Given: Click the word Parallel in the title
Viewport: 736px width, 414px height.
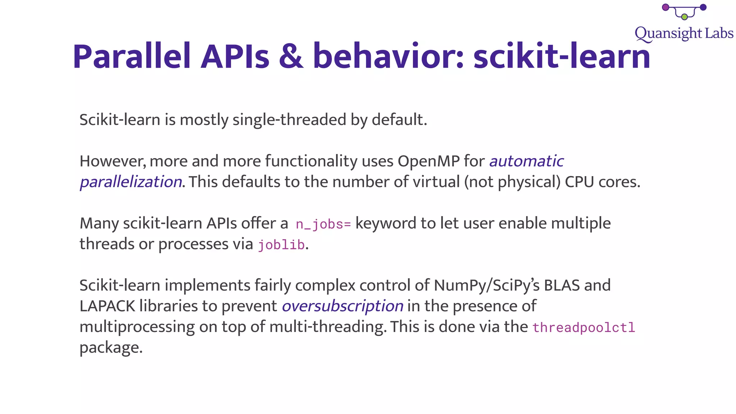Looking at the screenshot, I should coord(132,57).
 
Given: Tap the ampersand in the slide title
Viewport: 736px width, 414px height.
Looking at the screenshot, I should coord(291,57).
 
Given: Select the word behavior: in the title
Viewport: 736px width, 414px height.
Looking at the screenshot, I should coord(388,57).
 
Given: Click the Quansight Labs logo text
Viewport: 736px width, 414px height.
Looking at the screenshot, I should coord(684,33).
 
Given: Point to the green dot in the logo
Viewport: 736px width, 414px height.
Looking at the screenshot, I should coord(684,17).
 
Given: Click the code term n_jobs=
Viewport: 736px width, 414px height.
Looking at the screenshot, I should coord(323,224).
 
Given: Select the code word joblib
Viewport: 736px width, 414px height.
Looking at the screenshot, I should coord(281,245).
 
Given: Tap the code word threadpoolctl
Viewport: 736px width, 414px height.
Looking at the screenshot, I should coord(584,328).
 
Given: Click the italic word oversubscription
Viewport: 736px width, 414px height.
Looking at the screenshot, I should coord(342,306).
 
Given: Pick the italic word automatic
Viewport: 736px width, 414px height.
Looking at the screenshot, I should coord(526,161).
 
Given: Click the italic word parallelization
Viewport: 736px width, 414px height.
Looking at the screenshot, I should coord(131,182).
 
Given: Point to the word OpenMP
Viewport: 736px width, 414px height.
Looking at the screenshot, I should coord(428,161).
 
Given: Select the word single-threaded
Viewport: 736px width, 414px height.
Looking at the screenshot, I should coord(289,120).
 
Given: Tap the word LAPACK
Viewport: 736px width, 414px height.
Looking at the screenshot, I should coord(107,306).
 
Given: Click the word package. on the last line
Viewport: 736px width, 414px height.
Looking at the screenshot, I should coord(111,348).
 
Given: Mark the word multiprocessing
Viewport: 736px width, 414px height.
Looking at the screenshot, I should coord(137,327).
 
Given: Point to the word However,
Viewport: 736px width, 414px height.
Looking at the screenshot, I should coord(112,161).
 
